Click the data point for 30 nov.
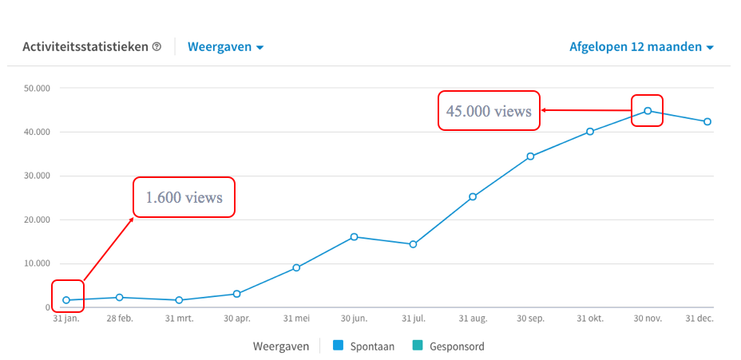click(648, 111)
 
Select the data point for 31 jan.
click(66, 300)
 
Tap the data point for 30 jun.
click(354, 236)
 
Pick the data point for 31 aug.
click(473, 196)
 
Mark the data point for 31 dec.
click(707, 121)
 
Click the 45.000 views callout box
click(489, 111)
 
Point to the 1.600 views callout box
click(184, 197)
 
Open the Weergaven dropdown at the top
click(225, 47)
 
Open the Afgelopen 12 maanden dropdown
click(640, 47)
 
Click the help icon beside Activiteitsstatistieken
click(157, 47)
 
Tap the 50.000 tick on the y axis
click(37, 88)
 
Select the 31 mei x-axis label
click(296, 318)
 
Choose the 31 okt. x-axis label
click(590, 318)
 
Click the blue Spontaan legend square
click(338, 346)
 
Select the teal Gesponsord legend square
click(418, 346)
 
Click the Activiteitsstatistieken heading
click(85, 47)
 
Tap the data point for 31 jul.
click(413, 244)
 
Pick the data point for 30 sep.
click(530, 156)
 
